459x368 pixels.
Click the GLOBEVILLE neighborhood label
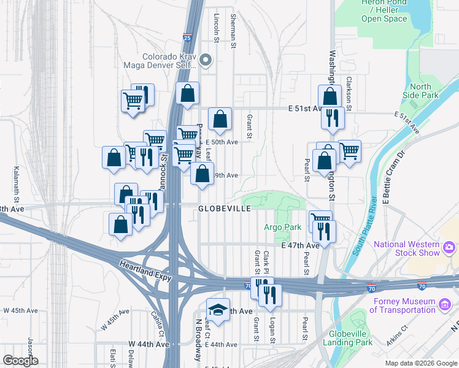[x=224, y=209]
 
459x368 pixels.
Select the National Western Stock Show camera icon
[x=449, y=247]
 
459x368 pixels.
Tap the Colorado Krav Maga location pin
[x=206, y=60]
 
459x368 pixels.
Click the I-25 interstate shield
[x=187, y=38]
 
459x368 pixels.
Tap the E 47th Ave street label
[x=300, y=245]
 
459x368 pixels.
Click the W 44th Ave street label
[x=148, y=344]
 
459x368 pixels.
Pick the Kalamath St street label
[x=17, y=182]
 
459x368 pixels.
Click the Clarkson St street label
[x=348, y=90]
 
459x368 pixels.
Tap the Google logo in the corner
[x=20, y=361]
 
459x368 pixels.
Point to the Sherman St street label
[x=233, y=31]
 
